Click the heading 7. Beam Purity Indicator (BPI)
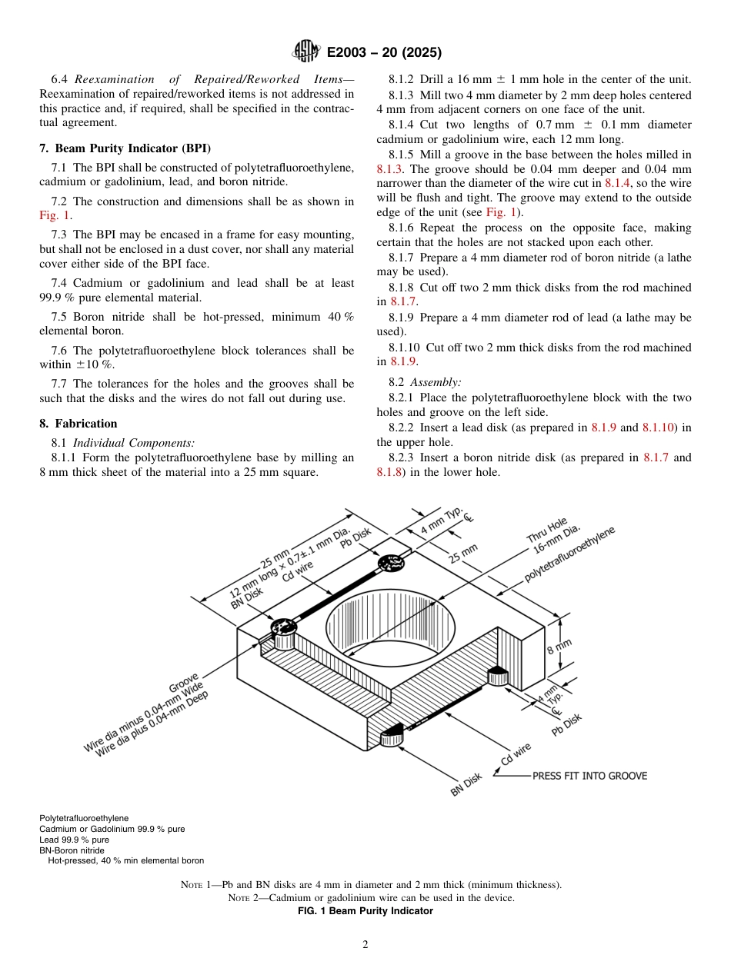pos(125,148)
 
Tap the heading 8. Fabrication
pos(78,424)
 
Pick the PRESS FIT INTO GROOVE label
pos(589,776)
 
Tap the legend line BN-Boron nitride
pos(72,850)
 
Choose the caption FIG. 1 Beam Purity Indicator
pos(365,911)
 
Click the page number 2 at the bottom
pos(365,945)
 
